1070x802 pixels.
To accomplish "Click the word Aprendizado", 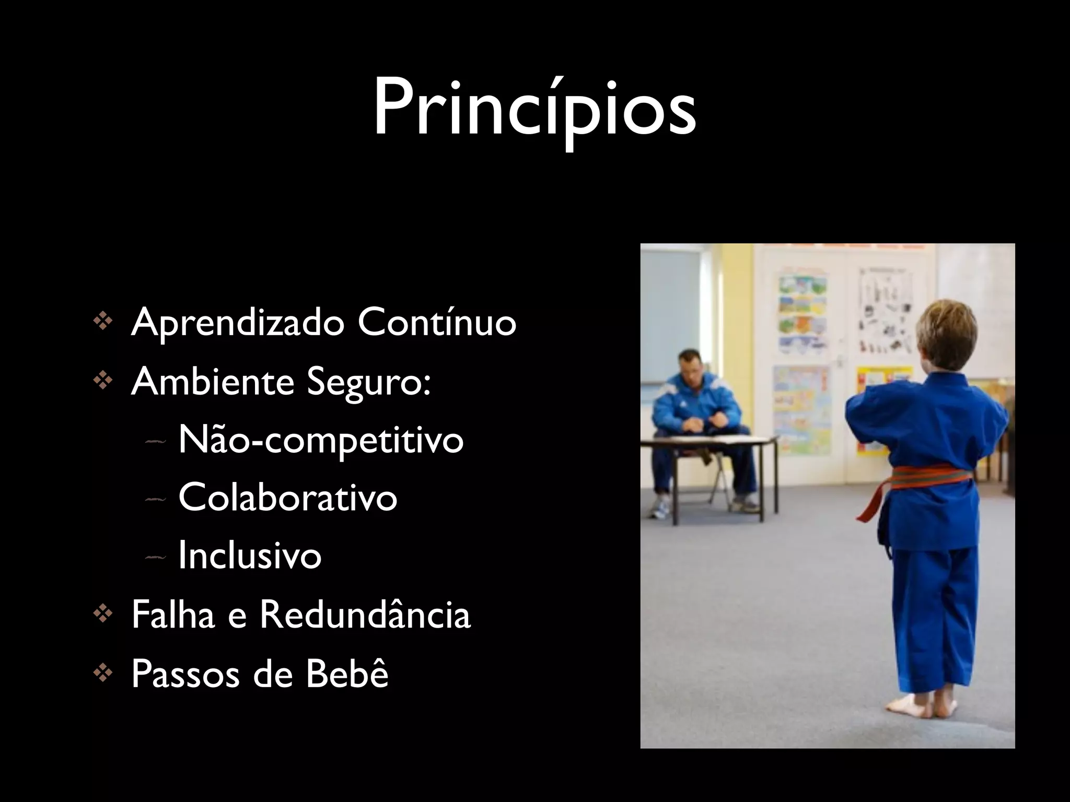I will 238,323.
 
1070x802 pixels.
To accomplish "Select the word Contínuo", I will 437,323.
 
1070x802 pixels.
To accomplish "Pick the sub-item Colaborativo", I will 288,497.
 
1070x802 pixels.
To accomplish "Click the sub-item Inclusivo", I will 250,555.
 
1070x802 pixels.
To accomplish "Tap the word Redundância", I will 365,615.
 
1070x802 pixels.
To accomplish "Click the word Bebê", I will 347,674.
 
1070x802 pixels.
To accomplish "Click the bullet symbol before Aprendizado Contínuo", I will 102,322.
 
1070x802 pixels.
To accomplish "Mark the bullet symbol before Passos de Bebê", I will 102,674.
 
